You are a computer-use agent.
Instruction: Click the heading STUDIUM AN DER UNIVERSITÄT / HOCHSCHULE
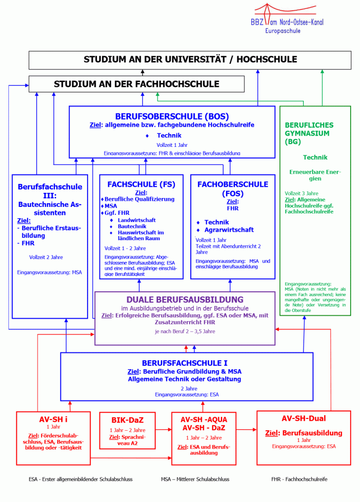(190, 60)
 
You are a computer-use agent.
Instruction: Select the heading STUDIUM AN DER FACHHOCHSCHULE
(136, 84)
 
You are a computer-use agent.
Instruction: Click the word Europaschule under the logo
(283, 30)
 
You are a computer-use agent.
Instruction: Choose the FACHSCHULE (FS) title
(141, 184)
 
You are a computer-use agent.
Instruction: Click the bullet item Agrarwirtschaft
(229, 230)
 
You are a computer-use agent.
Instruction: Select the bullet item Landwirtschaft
(136, 220)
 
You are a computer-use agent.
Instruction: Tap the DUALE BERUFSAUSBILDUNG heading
(185, 299)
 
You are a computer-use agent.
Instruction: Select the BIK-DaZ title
(127, 420)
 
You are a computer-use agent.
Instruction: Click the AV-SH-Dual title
(304, 418)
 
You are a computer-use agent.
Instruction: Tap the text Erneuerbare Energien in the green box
(315, 175)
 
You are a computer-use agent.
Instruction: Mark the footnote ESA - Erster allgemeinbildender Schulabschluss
(81, 479)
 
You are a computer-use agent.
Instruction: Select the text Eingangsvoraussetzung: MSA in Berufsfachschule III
(50, 272)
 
